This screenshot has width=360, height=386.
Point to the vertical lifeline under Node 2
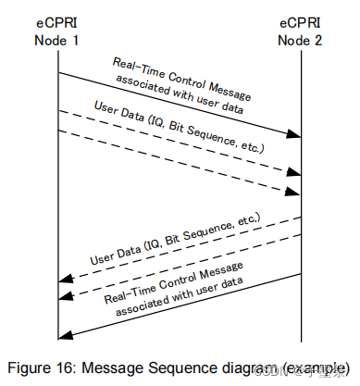[302, 185]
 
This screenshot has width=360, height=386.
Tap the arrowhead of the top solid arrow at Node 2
[292, 135]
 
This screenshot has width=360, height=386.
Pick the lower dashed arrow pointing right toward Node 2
[185, 163]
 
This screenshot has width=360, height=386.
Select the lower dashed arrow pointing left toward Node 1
[185, 265]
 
